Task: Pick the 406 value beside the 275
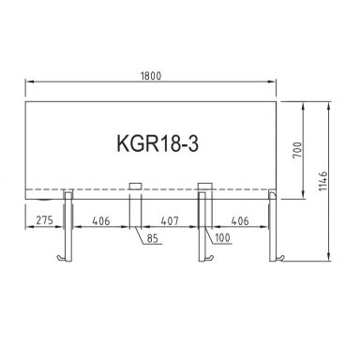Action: click(x=100, y=223)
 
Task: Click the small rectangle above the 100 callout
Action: click(x=203, y=187)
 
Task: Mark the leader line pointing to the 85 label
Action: click(x=143, y=234)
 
